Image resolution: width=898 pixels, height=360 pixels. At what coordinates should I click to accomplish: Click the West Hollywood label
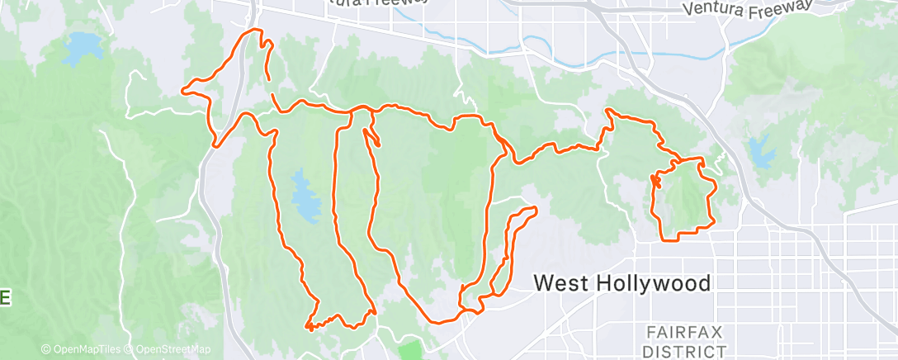[622, 283]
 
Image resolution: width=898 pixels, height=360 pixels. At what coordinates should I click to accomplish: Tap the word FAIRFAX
[685, 332]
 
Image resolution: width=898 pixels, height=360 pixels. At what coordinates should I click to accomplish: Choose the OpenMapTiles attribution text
[85, 349]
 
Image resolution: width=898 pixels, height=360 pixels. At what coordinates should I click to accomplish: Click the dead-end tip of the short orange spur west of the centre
[379, 145]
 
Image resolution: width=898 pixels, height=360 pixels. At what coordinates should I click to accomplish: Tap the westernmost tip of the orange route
[183, 91]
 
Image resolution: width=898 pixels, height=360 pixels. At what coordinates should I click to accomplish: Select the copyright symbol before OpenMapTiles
[45, 349]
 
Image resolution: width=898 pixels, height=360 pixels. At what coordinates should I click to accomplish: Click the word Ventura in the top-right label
[715, 10]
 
